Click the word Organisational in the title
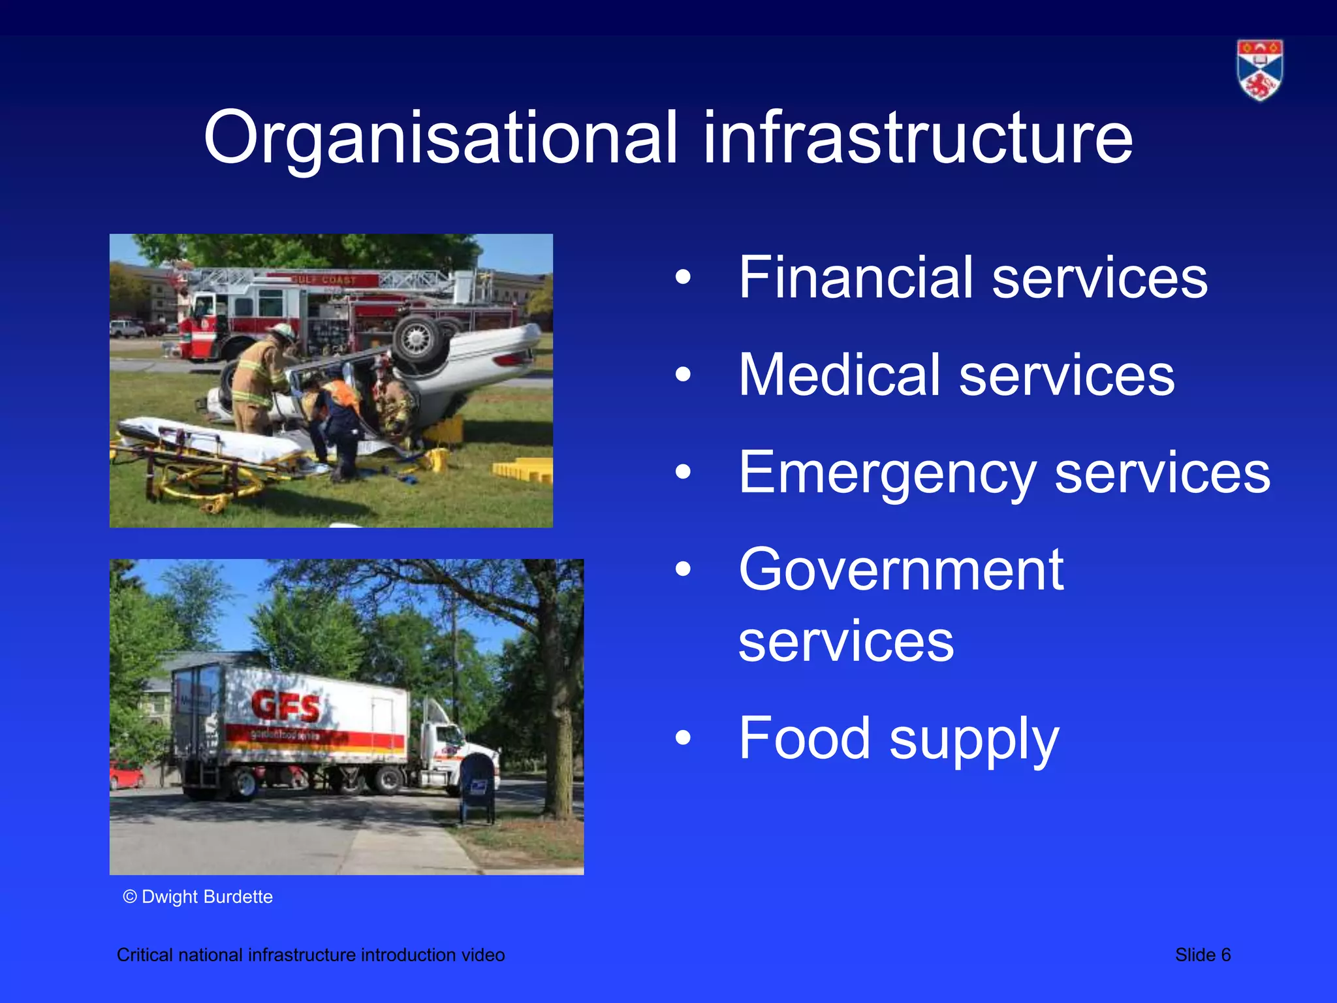441,138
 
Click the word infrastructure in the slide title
917,138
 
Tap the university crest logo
1259,70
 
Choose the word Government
901,570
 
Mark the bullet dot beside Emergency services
683,471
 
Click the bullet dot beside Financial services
683,278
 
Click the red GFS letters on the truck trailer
286,706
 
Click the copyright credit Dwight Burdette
198,897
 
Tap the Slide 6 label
1203,955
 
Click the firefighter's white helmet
283,330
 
